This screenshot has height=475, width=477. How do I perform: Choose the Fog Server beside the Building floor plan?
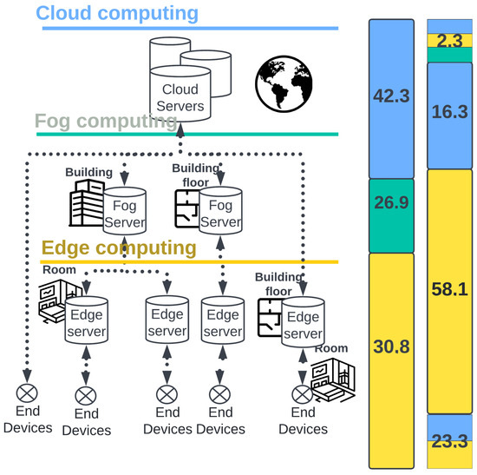(x=219, y=211)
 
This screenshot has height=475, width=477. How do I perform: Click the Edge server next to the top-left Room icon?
(x=86, y=322)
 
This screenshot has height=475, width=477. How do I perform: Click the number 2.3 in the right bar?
(x=449, y=40)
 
